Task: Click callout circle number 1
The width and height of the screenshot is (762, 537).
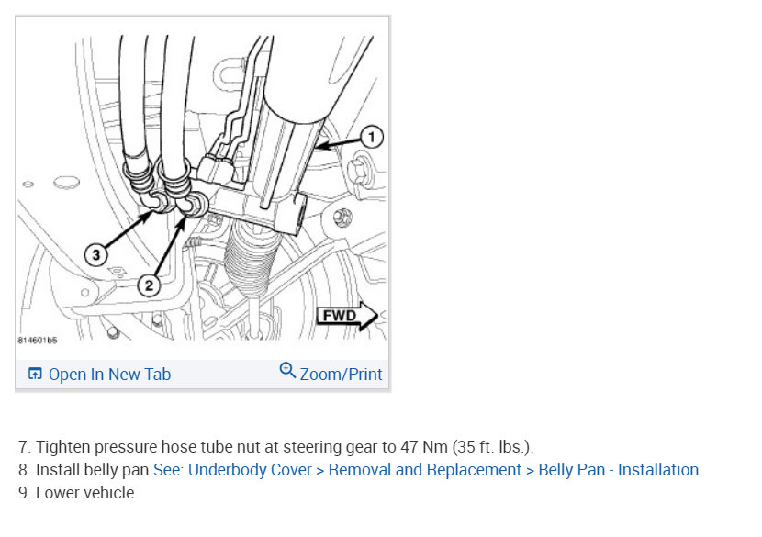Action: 371,137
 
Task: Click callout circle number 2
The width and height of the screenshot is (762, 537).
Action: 149,285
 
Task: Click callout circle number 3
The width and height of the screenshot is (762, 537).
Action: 95,254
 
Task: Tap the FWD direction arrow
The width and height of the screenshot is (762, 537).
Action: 347,316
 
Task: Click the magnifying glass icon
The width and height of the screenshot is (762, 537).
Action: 287,371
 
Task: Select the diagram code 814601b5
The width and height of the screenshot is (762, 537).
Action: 38,341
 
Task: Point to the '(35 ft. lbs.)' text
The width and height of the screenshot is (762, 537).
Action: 491,447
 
